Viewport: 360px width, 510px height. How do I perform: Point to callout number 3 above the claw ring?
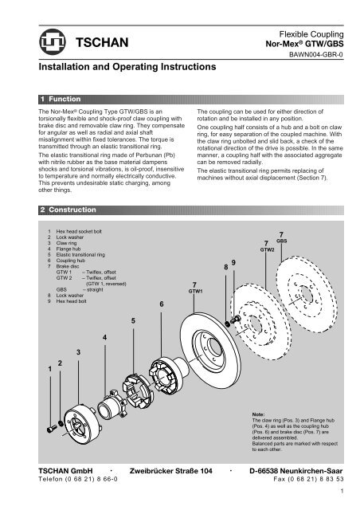tap(78, 351)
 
